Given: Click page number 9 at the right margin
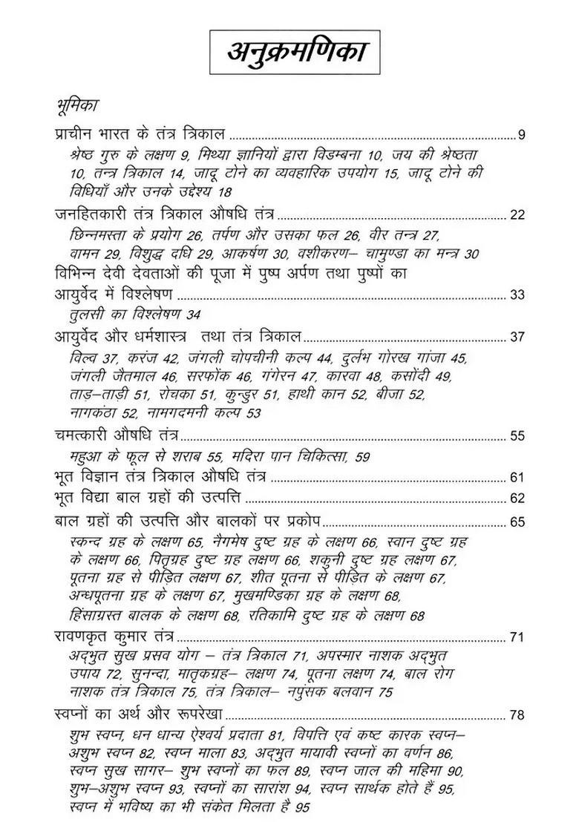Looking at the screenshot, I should coord(521,135).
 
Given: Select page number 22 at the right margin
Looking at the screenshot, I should coord(517,215).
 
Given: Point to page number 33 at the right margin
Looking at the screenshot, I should coord(517,295).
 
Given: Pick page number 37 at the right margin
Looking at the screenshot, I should coord(517,337).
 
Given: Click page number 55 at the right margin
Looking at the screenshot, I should coord(517,435).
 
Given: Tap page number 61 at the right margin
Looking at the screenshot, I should coord(517,477).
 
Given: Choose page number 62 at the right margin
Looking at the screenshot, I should coord(517,499).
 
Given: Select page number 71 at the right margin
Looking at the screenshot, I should coord(517,637).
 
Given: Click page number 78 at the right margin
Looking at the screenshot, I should coord(517,715).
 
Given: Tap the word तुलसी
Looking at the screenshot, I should coord(83,315).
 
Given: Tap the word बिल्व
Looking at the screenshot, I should coord(80,358).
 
